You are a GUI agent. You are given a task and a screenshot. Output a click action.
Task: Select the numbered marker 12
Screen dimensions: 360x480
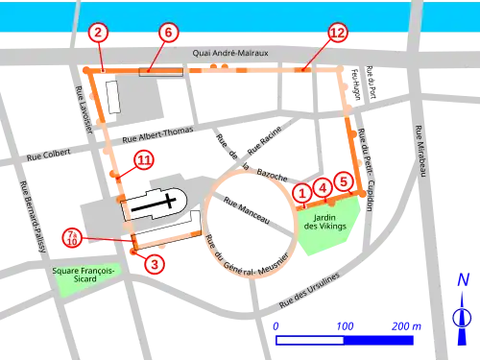(337, 33)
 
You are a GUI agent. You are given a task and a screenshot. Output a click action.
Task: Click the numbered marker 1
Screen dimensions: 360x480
(302, 192)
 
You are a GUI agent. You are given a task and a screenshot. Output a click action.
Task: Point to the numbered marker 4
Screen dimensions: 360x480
(324, 186)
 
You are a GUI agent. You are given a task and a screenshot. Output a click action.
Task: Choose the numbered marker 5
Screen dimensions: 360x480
(345, 180)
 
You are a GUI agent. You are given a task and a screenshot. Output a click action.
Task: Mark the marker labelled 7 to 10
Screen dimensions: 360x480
(72, 235)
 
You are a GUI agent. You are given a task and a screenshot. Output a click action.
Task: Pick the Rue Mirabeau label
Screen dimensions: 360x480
(420, 152)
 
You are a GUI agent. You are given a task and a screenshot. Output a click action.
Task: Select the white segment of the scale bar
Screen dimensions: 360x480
(309, 340)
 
